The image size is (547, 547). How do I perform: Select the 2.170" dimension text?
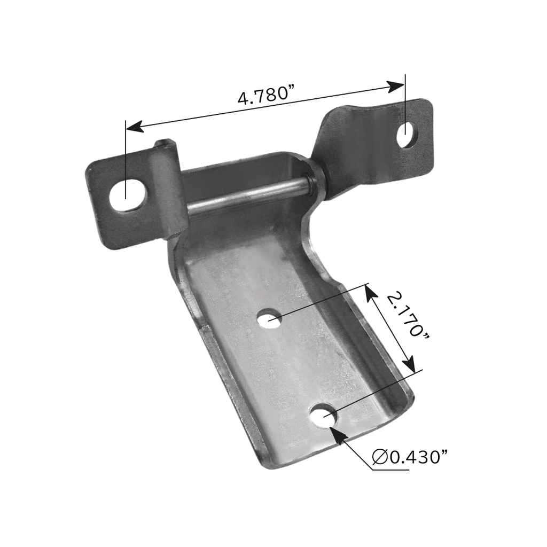(408, 314)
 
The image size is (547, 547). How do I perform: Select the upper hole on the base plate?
(270, 319)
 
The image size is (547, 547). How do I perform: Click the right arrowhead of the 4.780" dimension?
(396, 86)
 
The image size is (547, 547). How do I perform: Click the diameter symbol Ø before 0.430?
(379, 457)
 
